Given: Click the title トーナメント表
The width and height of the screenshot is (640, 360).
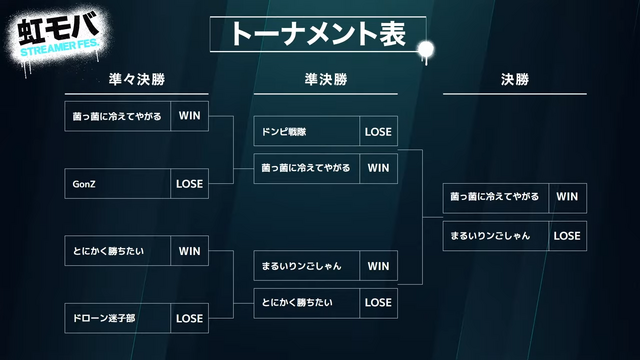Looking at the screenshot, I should pos(318,34).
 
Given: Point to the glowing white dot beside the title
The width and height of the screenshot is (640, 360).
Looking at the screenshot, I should pos(426,49).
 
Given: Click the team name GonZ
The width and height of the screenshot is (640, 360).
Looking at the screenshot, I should pos(83,184).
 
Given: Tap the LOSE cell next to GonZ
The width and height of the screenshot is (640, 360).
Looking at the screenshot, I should pos(189,184).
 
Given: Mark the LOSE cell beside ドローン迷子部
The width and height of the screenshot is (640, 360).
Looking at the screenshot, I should pos(189,318).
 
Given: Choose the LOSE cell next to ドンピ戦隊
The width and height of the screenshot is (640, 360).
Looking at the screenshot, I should pos(378,132).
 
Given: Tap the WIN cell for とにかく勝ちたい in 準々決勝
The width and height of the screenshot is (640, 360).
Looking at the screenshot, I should pos(189,250).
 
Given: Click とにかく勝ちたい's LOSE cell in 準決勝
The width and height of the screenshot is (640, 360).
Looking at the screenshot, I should pos(378,302).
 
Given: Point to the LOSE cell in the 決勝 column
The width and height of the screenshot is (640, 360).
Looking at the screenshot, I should pos(566,236).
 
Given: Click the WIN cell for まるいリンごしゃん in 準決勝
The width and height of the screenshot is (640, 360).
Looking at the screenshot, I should pos(378,266).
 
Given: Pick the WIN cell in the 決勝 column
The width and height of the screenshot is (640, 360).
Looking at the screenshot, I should pos(566,197).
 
